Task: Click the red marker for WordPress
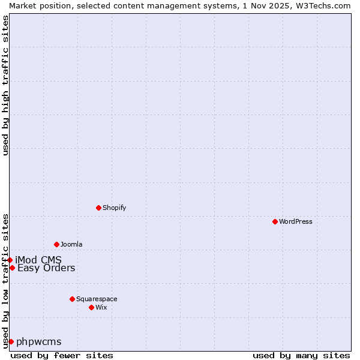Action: click(275, 221)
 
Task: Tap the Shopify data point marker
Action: click(98, 208)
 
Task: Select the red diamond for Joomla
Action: click(56, 244)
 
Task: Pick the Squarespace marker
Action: click(72, 299)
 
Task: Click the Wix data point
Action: click(91, 307)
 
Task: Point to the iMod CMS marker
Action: click(10, 260)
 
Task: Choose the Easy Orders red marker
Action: click(12, 268)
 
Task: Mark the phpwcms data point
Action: click(11, 341)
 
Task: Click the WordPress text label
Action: click(296, 221)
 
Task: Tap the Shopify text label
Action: click(114, 208)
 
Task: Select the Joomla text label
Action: click(71, 244)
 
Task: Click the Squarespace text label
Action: click(97, 299)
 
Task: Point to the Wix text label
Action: click(101, 307)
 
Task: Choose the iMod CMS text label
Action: click(38, 260)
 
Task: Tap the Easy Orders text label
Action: click(46, 268)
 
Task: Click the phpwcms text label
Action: click(38, 341)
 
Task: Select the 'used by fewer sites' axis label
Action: click(62, 355)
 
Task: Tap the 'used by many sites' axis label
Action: click(301, 355)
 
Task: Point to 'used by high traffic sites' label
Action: click(5, 85)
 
